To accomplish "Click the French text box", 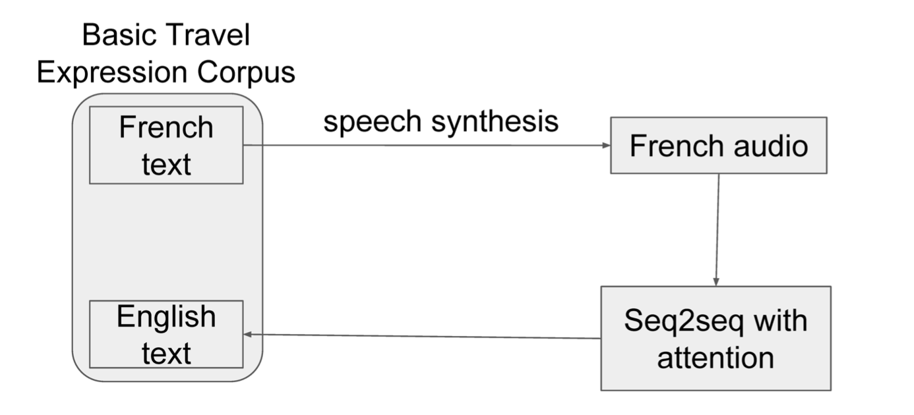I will point(166,145).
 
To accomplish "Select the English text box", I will point(166,334).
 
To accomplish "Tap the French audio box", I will point(718,146).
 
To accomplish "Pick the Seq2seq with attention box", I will point(716,338).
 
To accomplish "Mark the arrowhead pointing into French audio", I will point(606,146).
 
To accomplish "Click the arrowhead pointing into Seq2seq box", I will point(716,281).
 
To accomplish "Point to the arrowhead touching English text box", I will point(249,335).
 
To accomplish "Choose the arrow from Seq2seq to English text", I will point(422,337).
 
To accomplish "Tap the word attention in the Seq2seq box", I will point(716,358).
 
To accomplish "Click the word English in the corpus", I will point(166,317).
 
